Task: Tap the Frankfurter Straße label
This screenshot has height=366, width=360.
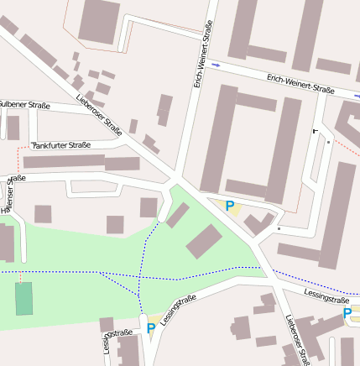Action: [60, 145]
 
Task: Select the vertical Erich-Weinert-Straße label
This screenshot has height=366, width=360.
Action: [202, 57]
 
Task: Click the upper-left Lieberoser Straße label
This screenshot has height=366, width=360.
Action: [99, 115]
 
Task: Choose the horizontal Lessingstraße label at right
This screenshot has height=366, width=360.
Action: [326, 299]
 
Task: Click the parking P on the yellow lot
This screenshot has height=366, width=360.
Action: [229, 206]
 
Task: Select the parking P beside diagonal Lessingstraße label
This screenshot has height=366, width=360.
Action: [151, 328]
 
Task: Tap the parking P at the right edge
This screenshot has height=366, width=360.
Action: [347, 314]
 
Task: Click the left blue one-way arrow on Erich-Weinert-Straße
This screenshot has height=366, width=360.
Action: [217, 65]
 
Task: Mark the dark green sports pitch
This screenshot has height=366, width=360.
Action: [24, 299]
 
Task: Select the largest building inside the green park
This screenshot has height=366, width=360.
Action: [204, 242]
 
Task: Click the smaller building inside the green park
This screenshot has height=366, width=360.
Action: [177, 215]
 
